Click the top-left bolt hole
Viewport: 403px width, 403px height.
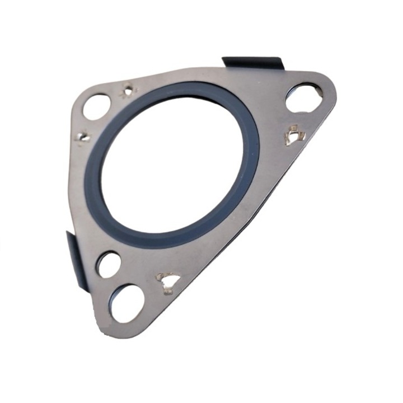(97, 106)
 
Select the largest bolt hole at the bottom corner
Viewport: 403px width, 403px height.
(126, 302)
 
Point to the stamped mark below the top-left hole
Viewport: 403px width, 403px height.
(83, 136)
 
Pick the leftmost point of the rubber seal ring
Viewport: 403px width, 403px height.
(90, 179)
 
